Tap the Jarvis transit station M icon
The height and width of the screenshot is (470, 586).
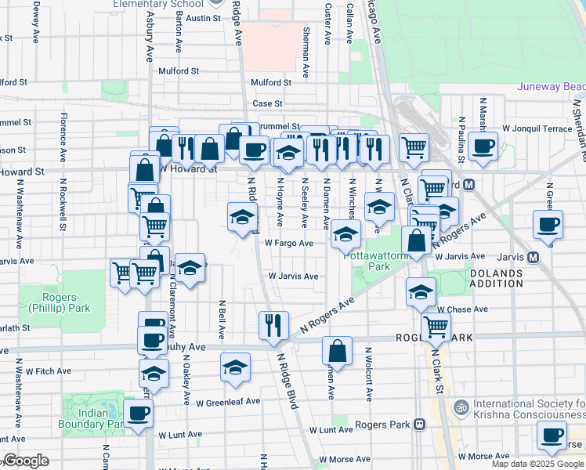coord(534,257)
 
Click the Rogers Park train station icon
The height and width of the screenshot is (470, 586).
coord(420,425)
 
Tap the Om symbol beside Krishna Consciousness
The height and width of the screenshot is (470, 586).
coord(461,407)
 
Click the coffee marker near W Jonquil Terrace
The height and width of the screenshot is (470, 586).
coord(483,145)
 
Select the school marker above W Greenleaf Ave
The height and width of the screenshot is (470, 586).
coord(236,367)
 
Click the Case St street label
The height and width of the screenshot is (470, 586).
coord(266,103)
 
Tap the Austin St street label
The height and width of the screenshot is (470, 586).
coord(204,17)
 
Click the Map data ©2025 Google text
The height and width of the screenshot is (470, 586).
coord(537,463)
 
